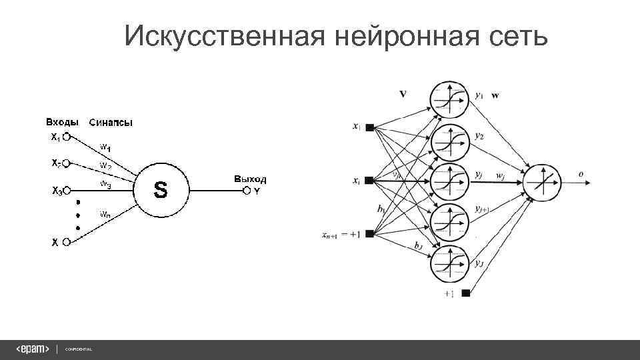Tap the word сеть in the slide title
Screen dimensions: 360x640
(513, 37)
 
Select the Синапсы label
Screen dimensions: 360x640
(111, 122)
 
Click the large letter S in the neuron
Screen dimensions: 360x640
(161, 191)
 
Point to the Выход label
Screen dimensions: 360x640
(249, 179)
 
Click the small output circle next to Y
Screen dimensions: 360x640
(247, 191)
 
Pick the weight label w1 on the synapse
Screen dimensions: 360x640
(106, 146)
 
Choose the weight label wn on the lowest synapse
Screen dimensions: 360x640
(106, 214)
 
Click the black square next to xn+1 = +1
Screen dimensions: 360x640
(369, 233)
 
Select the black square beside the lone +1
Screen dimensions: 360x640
(465, 293)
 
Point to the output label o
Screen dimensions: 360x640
(581, 174)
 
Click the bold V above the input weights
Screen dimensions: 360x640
(403, 94)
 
